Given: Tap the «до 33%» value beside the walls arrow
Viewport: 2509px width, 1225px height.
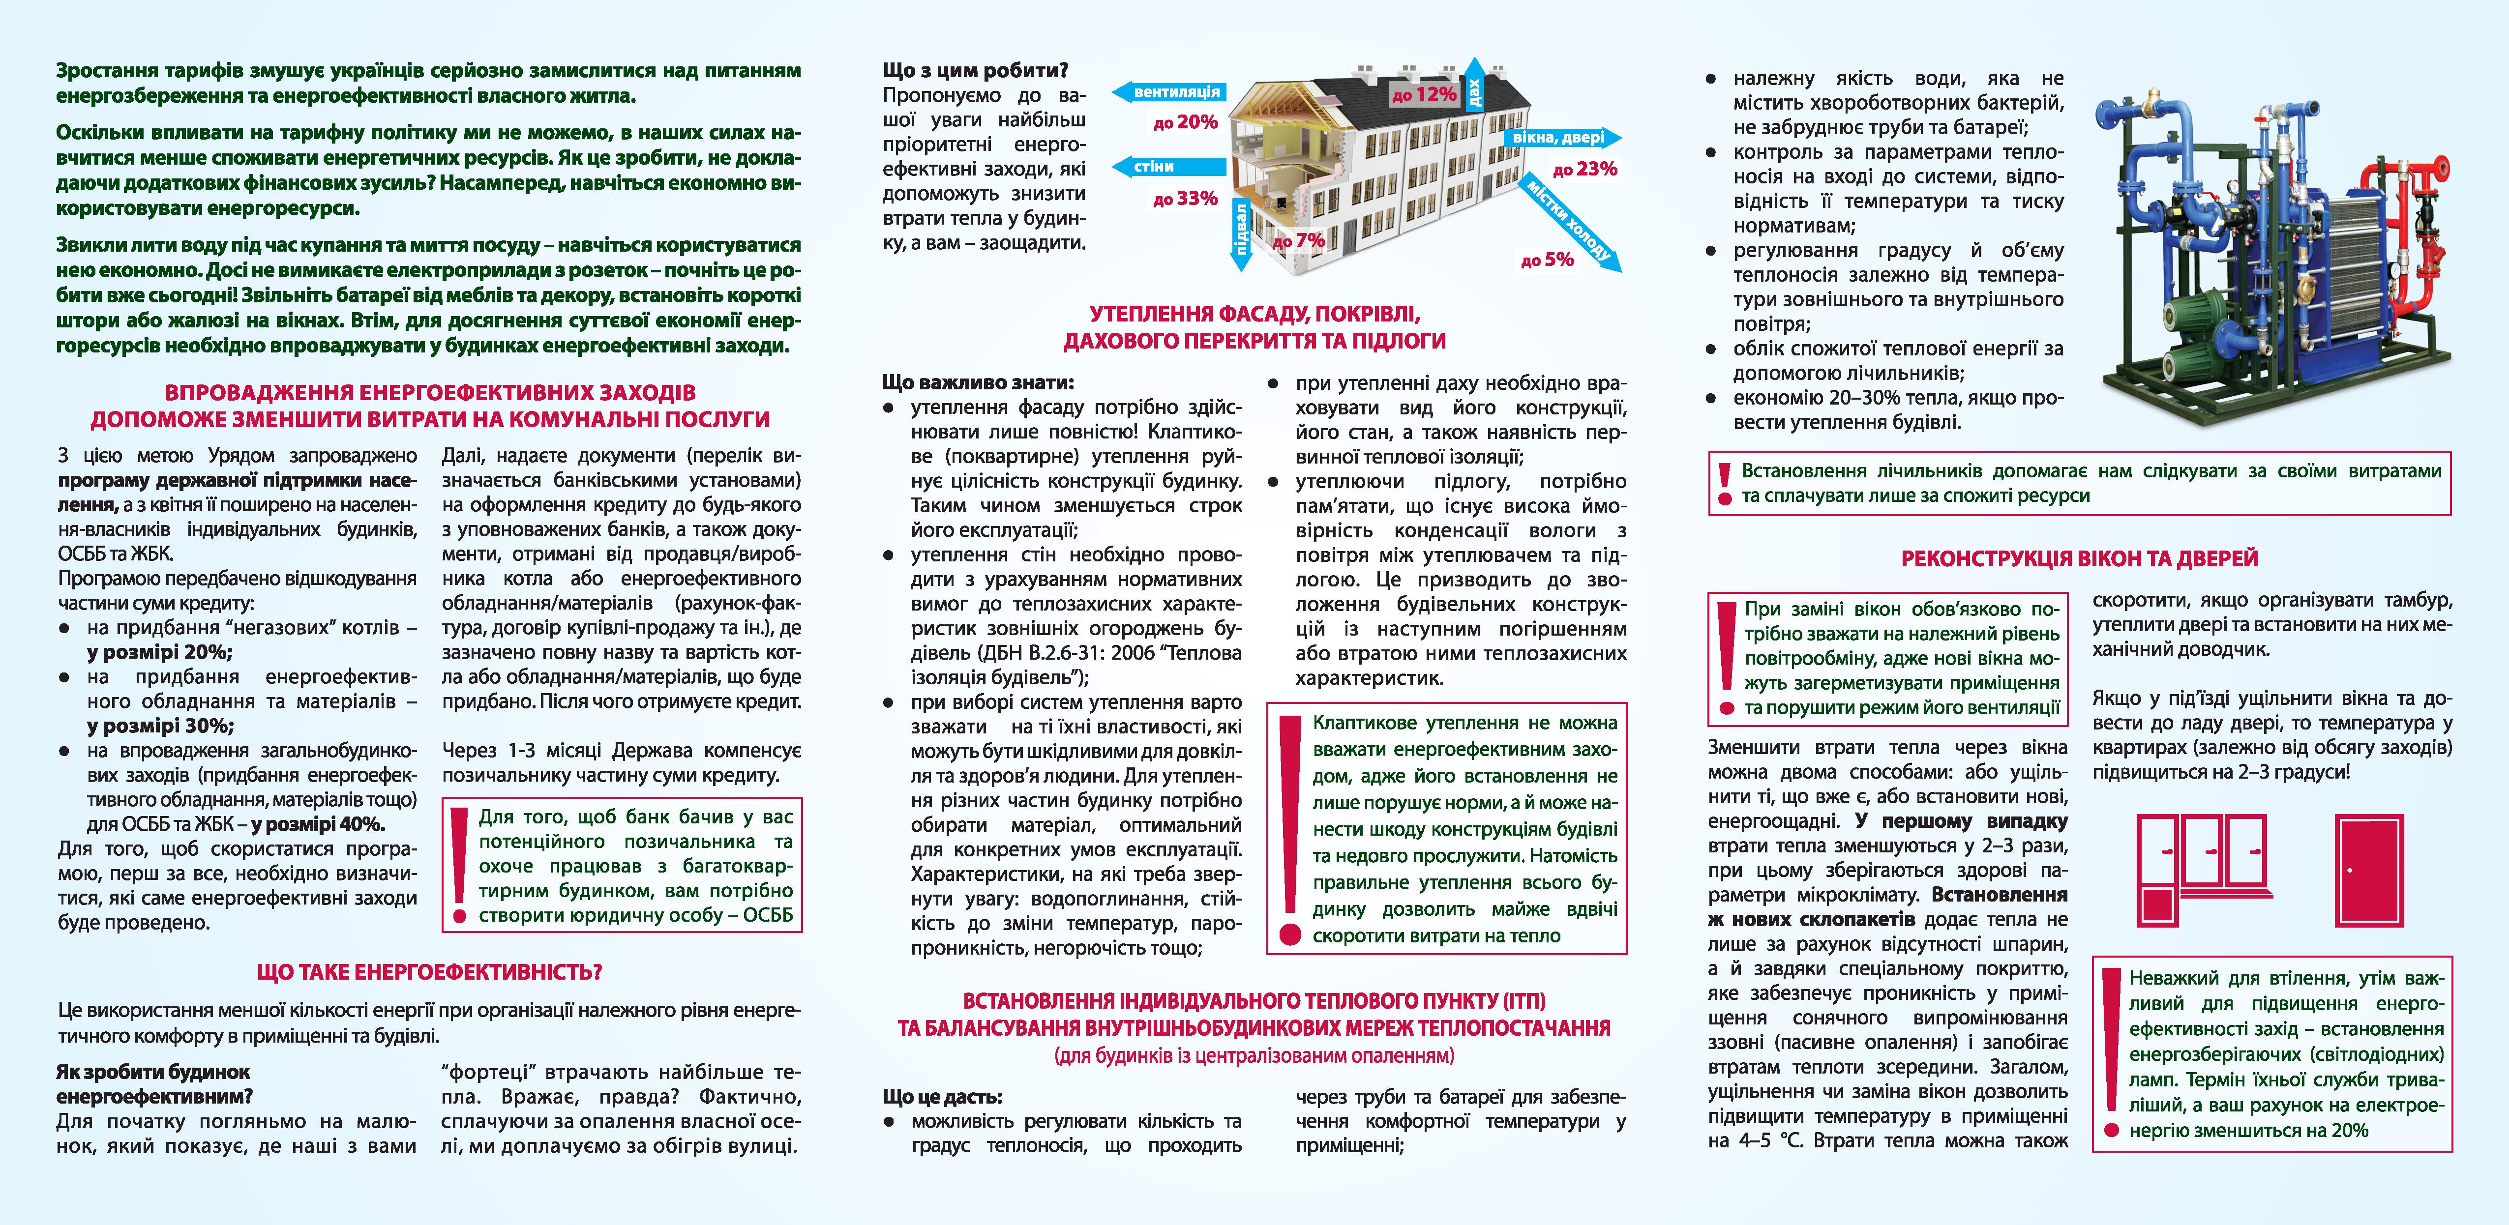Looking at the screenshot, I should pos(1184,199).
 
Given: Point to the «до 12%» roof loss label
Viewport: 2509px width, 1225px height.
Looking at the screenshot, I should pos(1424,94).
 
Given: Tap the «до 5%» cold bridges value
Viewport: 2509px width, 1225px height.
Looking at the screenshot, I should pos(1547,259).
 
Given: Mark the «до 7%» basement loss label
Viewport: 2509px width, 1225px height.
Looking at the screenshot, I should pos(1298,239).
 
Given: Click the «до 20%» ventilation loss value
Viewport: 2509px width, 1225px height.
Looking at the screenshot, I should pos(1184,123).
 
